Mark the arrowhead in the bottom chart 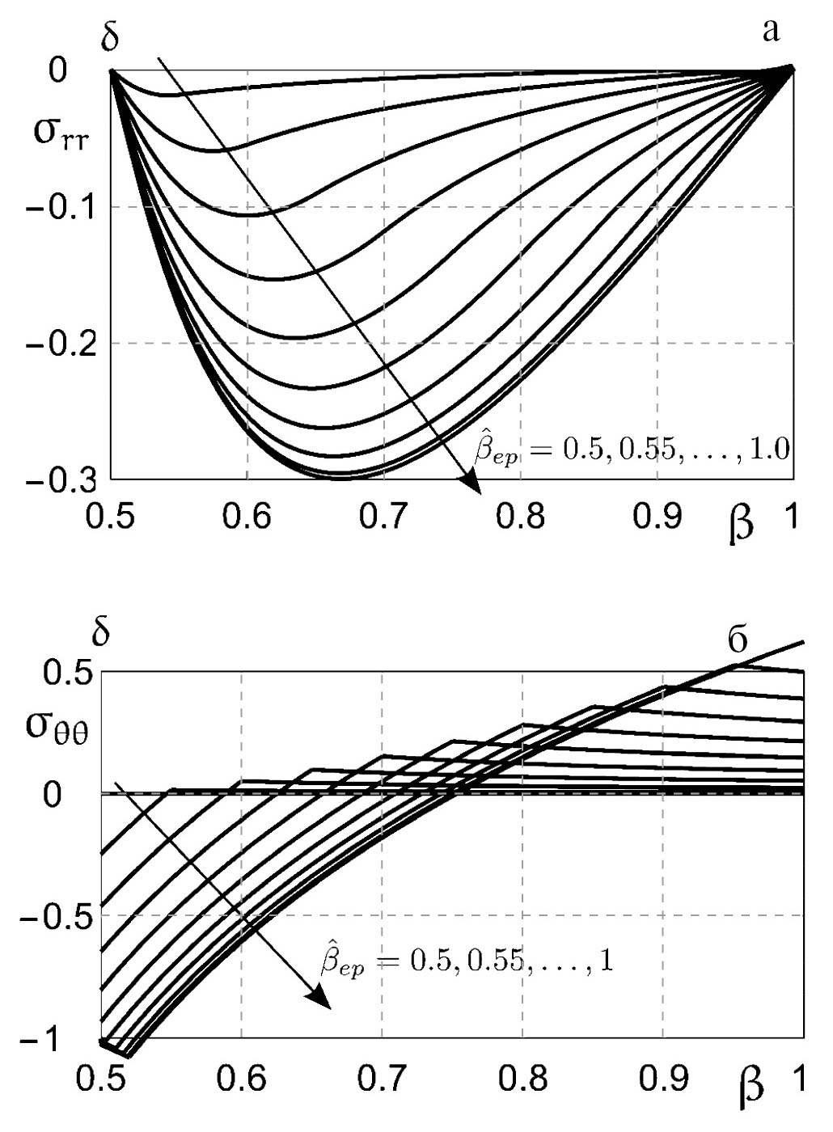(x=320, y=999)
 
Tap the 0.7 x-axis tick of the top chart (x=382, y=517)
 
